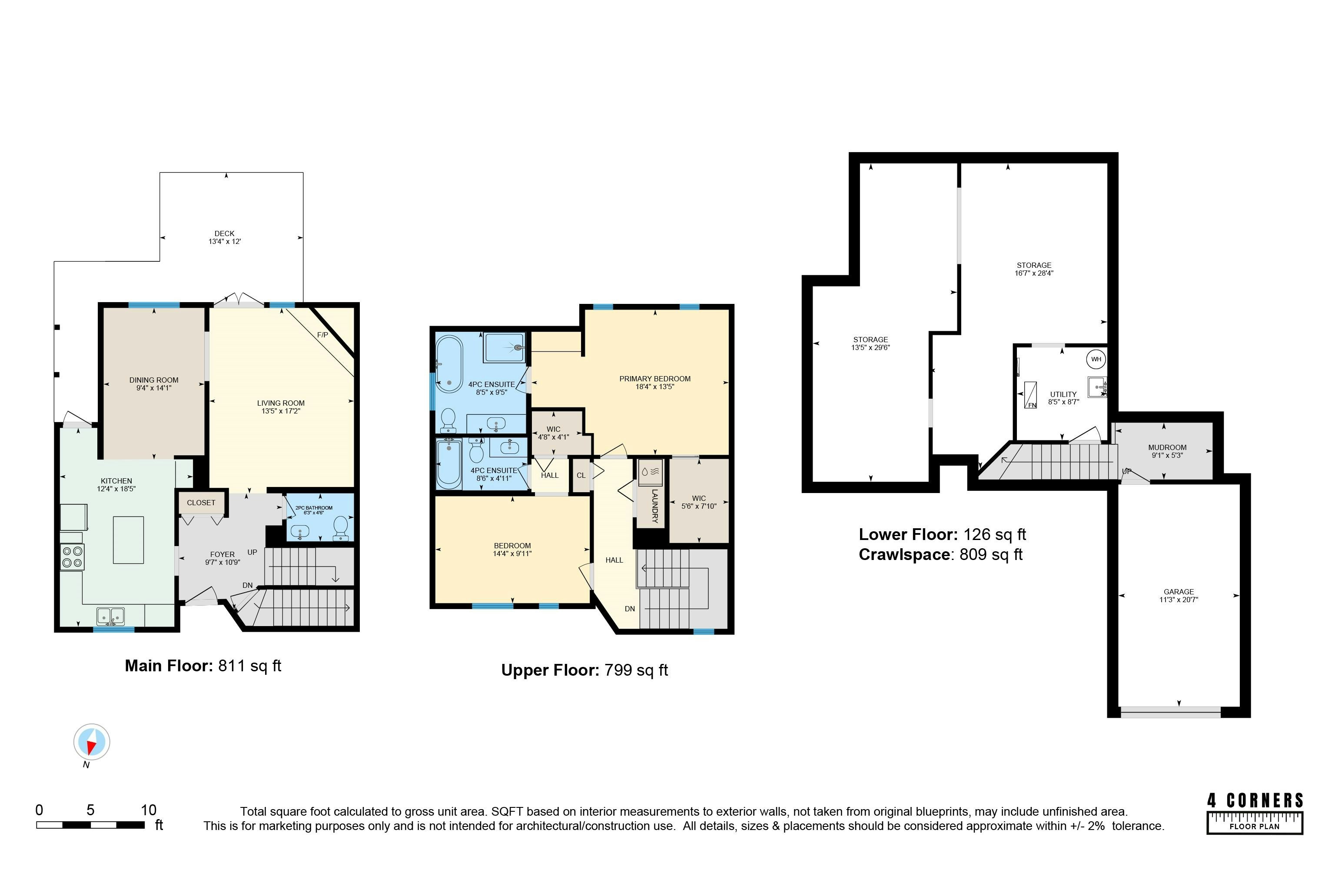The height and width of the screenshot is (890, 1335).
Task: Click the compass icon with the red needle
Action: tap(91, 742)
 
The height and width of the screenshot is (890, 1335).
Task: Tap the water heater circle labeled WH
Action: tap(1096, 359)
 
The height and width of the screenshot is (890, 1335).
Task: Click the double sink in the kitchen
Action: tap(111, 615)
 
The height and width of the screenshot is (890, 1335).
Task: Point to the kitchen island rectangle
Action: tap(128, 540)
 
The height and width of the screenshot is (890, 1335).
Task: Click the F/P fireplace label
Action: tap(322, 335)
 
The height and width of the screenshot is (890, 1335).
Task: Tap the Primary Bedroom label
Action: tap(655, 379)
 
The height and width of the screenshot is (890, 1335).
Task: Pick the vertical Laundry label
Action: tap(655, 506)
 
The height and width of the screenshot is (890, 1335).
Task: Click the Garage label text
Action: tap(1179, 591)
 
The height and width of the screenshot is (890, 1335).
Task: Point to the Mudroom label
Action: tap(1167, 447)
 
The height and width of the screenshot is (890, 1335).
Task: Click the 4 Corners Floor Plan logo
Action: tap(1255, 813)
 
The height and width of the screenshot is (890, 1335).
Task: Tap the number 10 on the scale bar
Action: tap(148, 810)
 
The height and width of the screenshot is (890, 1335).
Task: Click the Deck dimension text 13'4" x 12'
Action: tap(225, 241)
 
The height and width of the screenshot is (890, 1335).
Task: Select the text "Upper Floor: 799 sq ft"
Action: tap(584, 670)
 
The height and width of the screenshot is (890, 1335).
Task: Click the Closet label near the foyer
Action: tap(201, 502)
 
